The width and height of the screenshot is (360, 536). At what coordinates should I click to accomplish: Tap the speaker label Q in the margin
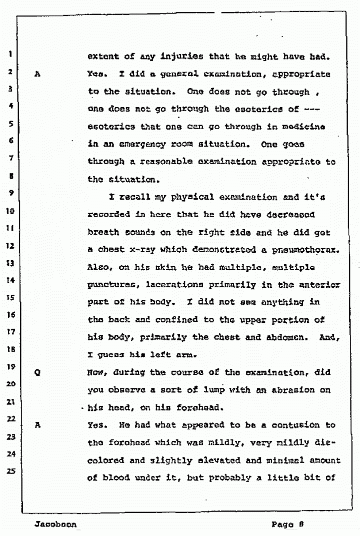pos(37,373)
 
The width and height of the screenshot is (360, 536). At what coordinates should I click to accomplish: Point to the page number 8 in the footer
pos(303,525)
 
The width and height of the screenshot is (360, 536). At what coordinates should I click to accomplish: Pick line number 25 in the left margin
pos(9,470)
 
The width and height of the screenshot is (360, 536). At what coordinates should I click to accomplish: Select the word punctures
pos(114,285)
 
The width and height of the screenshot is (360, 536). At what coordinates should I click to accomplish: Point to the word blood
pos(116,477)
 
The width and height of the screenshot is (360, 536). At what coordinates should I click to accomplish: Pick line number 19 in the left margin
pos(9,366)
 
